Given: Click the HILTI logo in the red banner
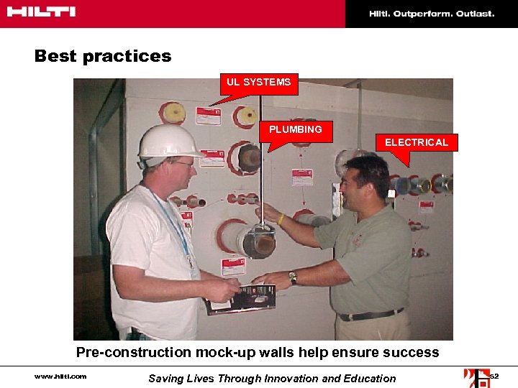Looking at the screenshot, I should [x=42, y=12].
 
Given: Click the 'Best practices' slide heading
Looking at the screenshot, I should [x=103, y=56].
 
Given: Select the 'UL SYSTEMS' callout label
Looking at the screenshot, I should [x=258, y=82].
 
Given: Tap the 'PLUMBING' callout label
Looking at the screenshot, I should [x=295, y=129].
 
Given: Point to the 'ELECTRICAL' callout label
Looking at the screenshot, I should [x=416, y=142].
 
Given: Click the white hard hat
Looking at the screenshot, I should [x=169, y=142].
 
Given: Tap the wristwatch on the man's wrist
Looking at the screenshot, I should [x=293, y=277].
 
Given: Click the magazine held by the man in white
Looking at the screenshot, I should [x=241, y=297].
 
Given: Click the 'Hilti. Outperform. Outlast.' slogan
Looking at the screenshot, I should [x=432, y=14].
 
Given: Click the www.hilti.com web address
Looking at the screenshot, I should [x=60, y=377].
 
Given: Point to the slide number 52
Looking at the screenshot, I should [x=494, y=377].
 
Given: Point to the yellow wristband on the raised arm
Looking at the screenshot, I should [x=281, y=218].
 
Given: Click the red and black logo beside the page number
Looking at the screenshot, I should [x=476, y=377].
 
